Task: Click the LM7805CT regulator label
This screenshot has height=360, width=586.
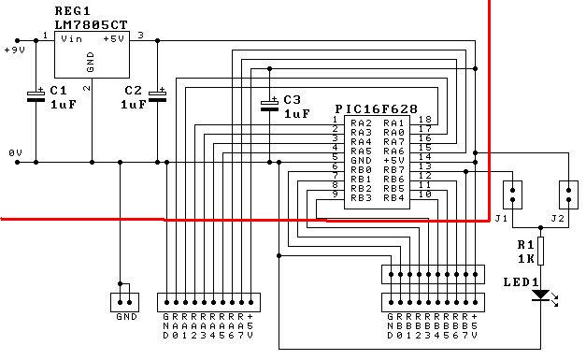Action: pos(92,25)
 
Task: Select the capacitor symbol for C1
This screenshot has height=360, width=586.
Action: pos(36,95)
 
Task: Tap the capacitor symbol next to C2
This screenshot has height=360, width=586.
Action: pos(157,95)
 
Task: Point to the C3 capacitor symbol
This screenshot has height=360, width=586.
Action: pos(269,105)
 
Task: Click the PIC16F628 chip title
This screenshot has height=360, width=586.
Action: pos(377,109)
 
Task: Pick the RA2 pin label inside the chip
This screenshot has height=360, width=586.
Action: pos(361,123)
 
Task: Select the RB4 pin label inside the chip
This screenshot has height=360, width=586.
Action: pos(393,197)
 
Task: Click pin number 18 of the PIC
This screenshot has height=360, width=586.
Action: pos(425,120)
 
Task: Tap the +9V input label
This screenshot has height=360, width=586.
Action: pos(15,50)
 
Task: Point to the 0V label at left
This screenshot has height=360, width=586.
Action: pos(15,153)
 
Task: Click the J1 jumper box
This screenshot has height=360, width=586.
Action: pos(512,194)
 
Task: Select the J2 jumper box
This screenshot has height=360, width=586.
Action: pos(568,194)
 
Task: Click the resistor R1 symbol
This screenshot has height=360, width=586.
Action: pos(540,251)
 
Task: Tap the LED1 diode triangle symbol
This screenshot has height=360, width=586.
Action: pos(540,295)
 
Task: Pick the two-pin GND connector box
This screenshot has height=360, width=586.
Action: pos(125,302)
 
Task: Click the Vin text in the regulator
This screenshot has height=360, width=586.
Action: pos(71,39)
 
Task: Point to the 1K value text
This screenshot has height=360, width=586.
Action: pos(525,258)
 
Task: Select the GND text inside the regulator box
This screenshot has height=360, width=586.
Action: pos(90,62)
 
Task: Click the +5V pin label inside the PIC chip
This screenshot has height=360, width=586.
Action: pos(393,161)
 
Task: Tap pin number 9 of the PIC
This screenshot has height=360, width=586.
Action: pos(336,194)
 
